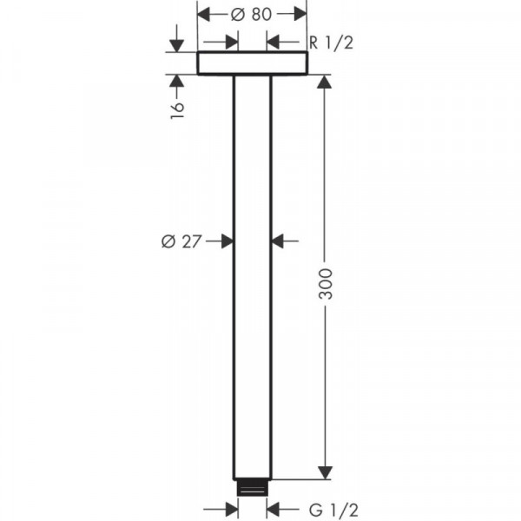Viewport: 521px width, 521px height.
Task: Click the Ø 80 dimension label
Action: pyautogui.click(x=251, y=14)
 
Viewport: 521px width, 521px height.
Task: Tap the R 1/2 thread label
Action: pyautogui.click(x=331, y=43)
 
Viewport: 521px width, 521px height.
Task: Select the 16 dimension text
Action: pyautogui.click(x=177, y=110)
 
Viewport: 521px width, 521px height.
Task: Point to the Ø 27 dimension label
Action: pyautogui.click(x=181, y=241)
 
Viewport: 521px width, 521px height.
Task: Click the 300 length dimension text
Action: pyautogui.click(x=326, y=284)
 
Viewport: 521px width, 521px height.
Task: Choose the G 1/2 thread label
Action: pyautogui.click(x=333, y=510)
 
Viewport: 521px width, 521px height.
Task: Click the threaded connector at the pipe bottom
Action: pyautogui.click(x=253, y=488)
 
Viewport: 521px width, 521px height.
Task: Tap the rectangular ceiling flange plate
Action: pyautogui.click(x=253, y=63)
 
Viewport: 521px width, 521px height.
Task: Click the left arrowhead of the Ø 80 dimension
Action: pyautogui.click(x=204, y=14)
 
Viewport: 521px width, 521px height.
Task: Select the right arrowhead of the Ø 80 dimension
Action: pyautogui.click(x=300, y=14)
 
